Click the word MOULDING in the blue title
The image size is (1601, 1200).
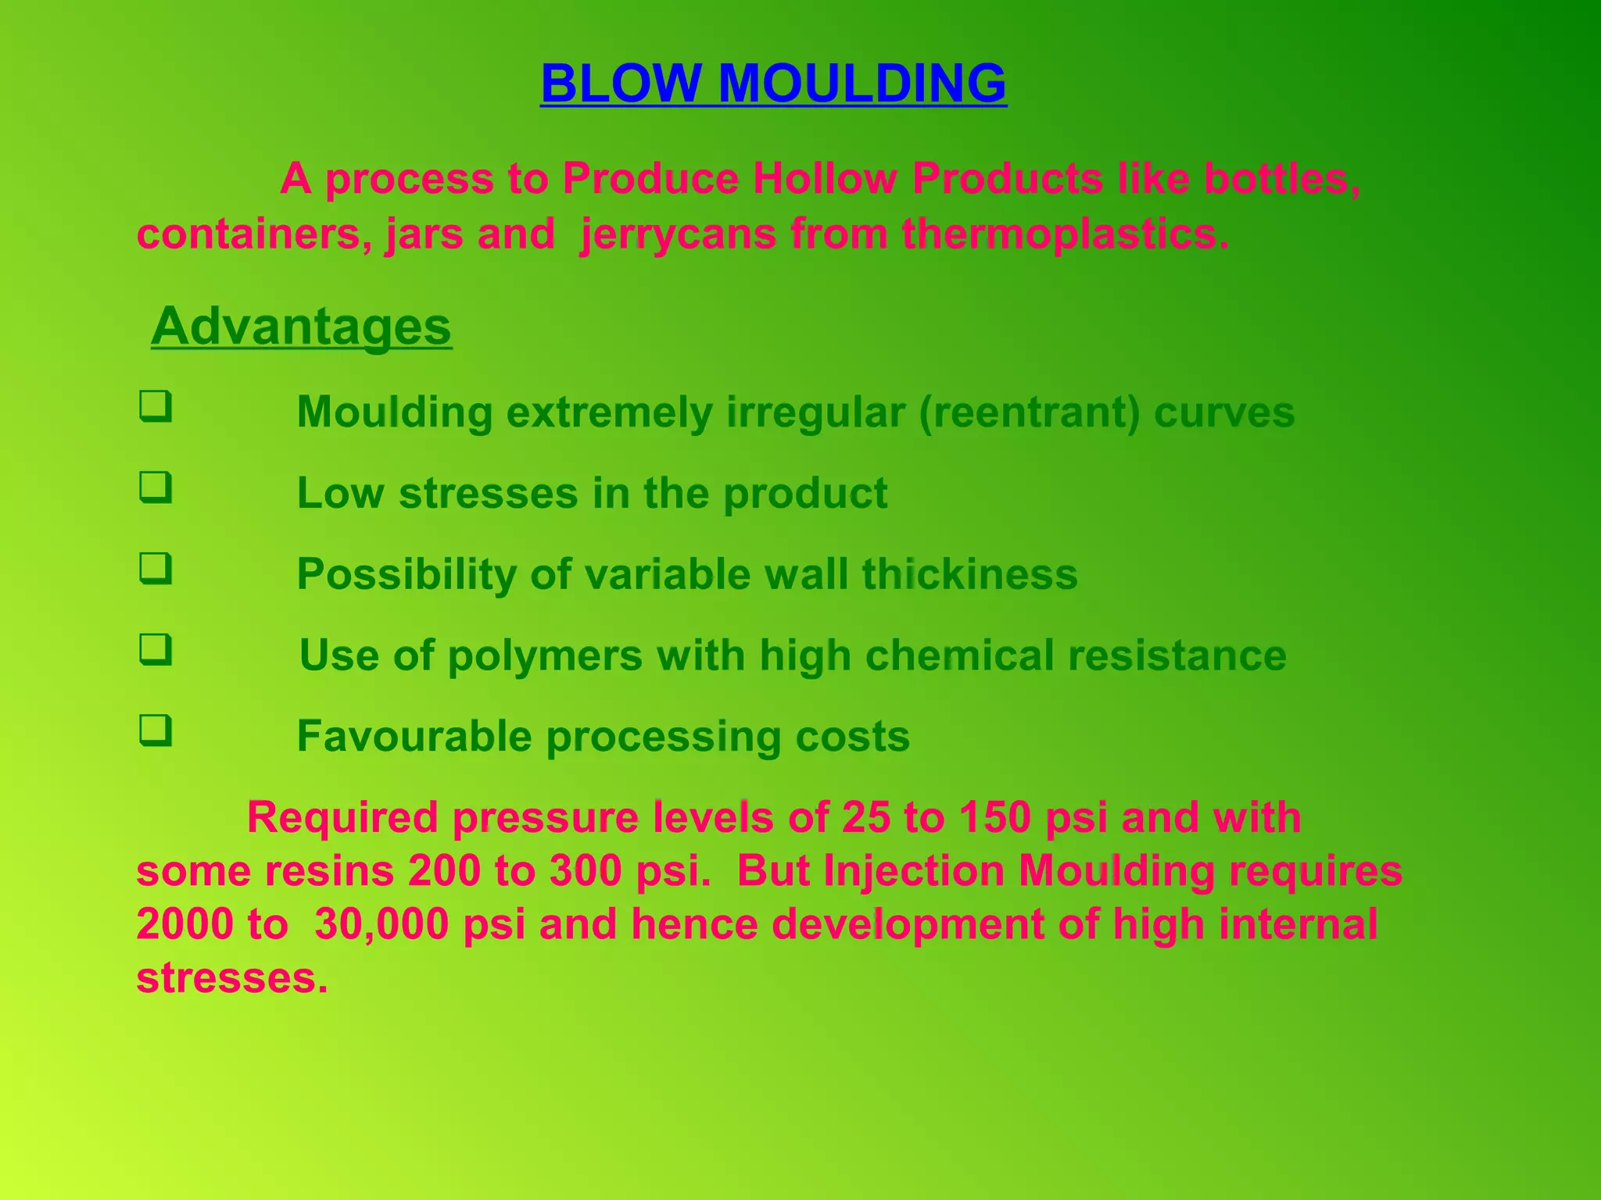tap(861, 84)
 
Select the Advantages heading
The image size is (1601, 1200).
tap(301, 326)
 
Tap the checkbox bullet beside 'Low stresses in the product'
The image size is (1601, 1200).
tap(156, 488)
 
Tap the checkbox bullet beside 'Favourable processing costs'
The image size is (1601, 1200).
tap(156, 731)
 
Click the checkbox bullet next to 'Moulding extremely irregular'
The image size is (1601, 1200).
tap(156, 407)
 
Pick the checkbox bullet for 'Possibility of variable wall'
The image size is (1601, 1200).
tap(156, 569)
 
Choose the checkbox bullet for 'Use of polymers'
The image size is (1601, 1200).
tap(156, 650)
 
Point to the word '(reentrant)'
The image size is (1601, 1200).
tap(1029, 412)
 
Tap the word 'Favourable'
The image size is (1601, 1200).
tap(414, 736)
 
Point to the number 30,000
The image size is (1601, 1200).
tap(381, 923)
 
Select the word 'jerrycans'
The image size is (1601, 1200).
tap(678, 234)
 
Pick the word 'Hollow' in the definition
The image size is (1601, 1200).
tap(825, 178)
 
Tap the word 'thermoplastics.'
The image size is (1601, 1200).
tap(1065, 234)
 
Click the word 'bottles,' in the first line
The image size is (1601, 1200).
tap(1281, 178)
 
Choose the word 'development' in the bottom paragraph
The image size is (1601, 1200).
tap(908, 923)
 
